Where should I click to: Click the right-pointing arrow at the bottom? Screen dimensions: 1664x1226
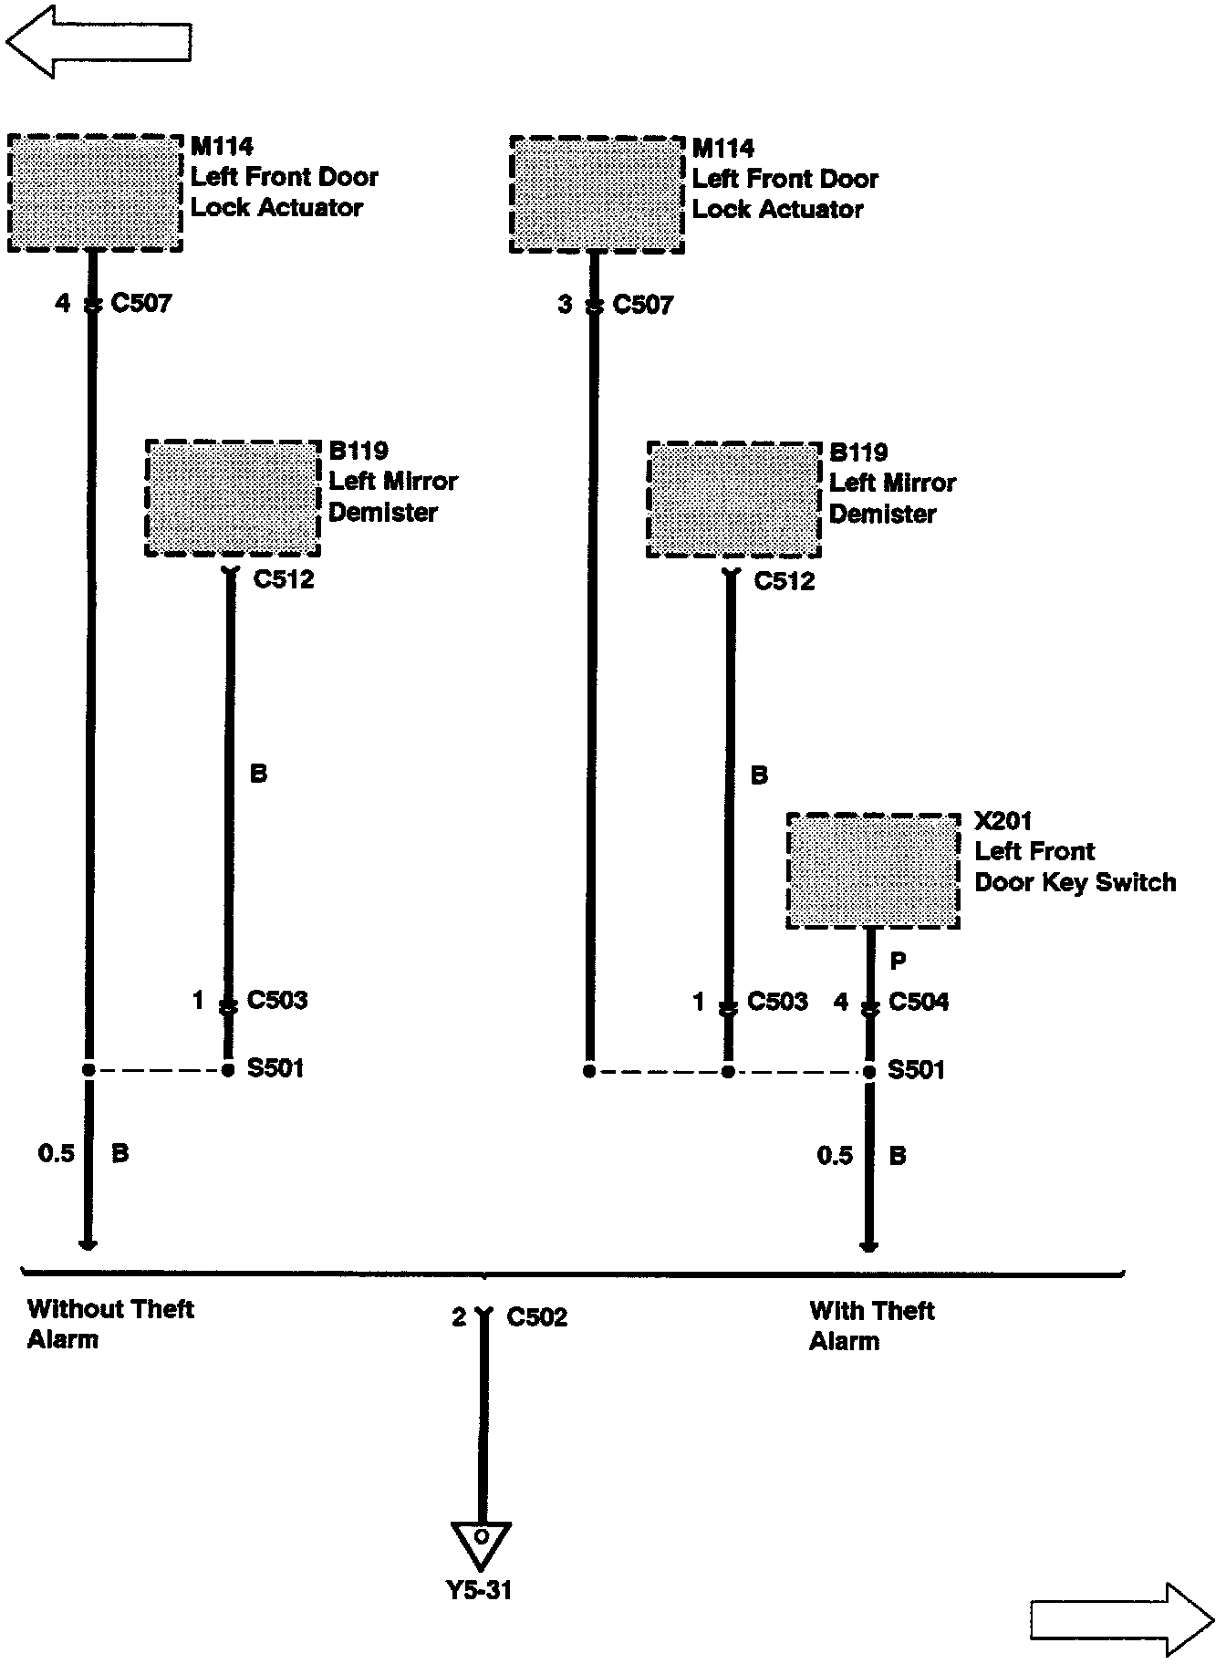1123,1619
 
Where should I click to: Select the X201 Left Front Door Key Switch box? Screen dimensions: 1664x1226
873,870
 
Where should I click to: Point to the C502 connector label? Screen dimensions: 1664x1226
536,1316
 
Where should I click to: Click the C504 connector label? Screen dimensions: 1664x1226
919,1002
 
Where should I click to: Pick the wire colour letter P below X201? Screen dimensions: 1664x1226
898,961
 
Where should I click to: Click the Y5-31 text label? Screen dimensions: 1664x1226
479,1590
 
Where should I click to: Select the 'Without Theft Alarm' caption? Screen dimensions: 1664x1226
110,1324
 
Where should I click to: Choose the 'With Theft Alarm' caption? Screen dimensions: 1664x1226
871,1326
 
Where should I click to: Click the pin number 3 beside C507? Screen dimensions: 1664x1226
565,304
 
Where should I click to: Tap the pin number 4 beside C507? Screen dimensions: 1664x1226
62,302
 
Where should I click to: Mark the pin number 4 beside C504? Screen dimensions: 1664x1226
841,1002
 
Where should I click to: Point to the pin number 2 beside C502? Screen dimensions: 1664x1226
459,1316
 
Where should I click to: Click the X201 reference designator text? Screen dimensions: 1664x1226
1003,820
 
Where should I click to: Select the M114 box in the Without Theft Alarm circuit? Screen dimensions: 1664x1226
95,192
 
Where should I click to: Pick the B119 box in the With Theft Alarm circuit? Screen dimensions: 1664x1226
733,499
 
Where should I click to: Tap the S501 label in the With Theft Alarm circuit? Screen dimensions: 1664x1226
917,1069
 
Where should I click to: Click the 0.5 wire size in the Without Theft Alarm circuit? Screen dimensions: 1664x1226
56,1153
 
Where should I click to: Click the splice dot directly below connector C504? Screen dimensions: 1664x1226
869,1071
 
